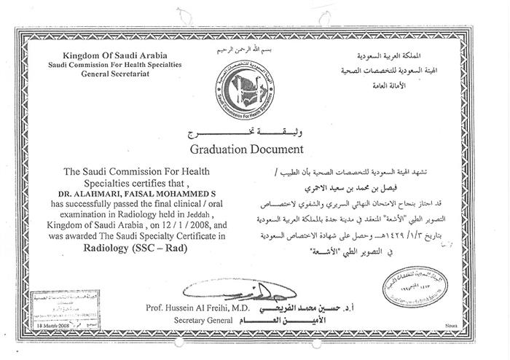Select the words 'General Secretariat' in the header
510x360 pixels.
[x=125, y=74]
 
